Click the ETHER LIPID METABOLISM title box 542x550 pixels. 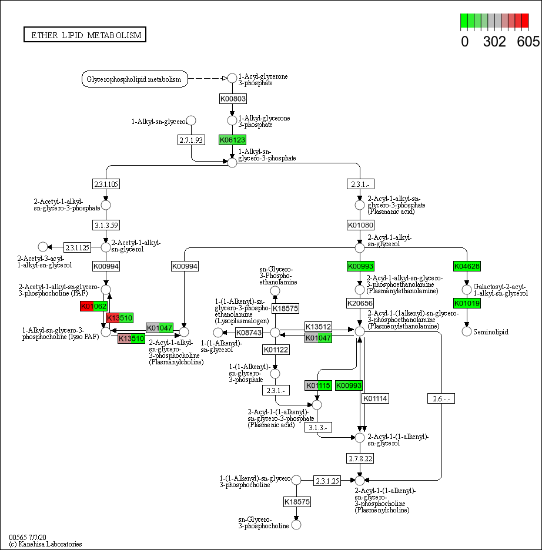(85, 35)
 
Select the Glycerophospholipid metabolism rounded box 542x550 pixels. (134, 79)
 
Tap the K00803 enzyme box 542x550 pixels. (232, 99)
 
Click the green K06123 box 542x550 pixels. (232, 140)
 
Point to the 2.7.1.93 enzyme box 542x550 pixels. (191, 140)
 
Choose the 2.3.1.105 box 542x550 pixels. (106, 184)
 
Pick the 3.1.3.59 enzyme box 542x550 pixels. (106, 225)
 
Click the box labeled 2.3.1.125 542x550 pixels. (77, 247)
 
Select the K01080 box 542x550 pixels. (360, 225)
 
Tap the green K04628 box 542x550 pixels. (467, 266)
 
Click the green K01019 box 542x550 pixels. (467, 303)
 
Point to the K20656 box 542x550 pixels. (360, 303)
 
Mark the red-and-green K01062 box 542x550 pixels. (94, 306)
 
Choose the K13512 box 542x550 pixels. (319, 327)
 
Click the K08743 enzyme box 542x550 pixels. (249, 333)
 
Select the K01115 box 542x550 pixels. (319, 385)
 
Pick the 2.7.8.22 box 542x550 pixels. (360, 457)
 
